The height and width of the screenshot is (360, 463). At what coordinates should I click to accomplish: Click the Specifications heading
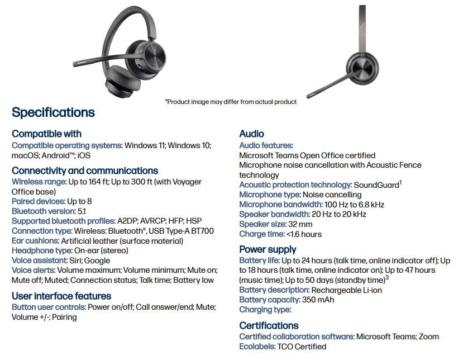[53, 112]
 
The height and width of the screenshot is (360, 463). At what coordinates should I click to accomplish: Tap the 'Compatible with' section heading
[46, 134]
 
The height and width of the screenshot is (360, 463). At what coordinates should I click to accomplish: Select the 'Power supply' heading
[268, 249]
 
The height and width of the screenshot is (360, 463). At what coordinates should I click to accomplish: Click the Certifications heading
[269, 325]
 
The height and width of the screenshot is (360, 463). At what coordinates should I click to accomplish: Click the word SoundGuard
[376, 185]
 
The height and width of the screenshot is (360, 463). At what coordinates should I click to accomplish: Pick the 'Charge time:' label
[261, 234]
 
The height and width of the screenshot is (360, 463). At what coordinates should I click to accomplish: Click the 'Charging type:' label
[265, 310]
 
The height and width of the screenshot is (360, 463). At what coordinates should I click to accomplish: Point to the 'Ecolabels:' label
[257, 347]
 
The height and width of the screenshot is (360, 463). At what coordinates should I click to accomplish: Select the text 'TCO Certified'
[302, 347]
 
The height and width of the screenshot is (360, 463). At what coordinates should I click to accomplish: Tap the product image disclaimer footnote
[231, 102]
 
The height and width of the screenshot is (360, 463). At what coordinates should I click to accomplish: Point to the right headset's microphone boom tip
[309, 95]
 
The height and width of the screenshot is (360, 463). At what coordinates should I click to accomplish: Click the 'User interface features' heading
[61, 296]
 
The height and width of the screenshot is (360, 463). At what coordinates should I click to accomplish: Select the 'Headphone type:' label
[42, 251]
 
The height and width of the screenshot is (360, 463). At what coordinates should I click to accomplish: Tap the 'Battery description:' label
[274, 290]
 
